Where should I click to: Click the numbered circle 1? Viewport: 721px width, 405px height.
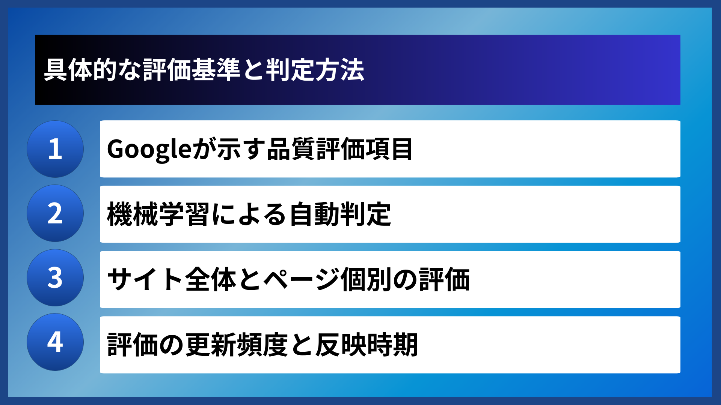coord(55,149)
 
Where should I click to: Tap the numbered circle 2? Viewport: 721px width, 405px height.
coord(55,213)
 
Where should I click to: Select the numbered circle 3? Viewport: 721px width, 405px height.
coord(55,278)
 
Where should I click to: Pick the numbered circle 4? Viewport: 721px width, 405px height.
coord(55,342)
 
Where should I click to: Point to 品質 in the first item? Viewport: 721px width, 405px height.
coord(291,149)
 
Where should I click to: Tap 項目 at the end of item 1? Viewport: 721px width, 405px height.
coord(389,149)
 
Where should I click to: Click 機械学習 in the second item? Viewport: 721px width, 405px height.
coord(158,214)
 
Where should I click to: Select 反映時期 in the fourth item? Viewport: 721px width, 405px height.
coord(367,345)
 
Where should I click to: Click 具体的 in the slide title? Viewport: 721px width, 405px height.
coord(80,70)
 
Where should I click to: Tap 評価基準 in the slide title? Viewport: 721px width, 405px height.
coord(192,70)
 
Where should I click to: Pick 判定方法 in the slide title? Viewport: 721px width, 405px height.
coord(315,70)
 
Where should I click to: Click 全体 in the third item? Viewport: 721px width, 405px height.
coord(211,279)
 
